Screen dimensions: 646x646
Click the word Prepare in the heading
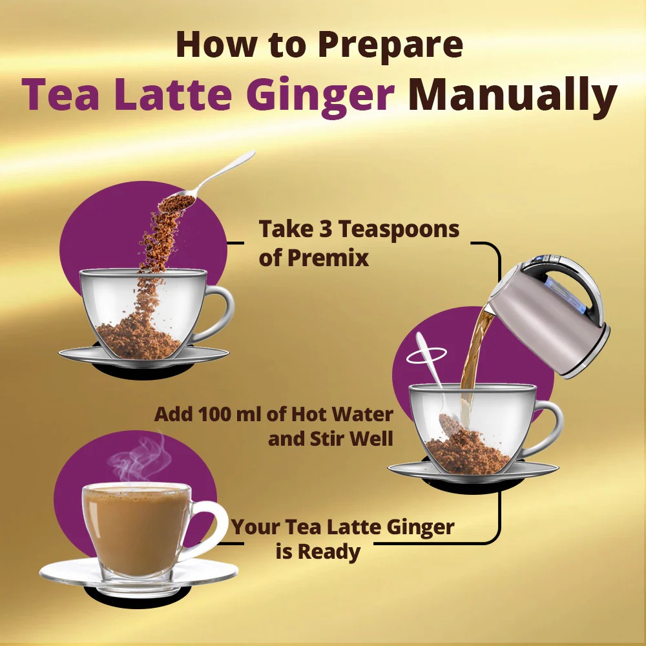(x=391, y=45)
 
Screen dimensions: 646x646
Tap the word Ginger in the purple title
(x=321, y=96)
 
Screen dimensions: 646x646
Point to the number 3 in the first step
(x=326, y=229)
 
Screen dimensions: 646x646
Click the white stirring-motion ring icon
(x=426, y=355)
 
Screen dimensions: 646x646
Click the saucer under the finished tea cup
(x=139, y=575)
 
